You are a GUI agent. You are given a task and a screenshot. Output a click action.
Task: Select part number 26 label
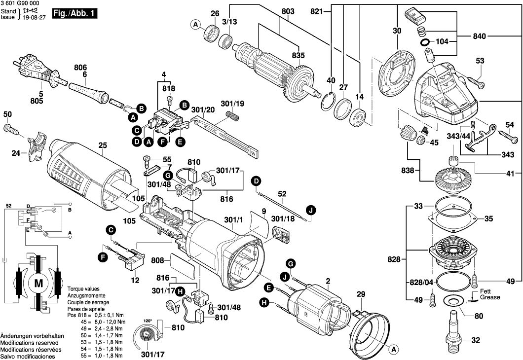(215, 13)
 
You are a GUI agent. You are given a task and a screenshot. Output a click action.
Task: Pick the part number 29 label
(361, 294)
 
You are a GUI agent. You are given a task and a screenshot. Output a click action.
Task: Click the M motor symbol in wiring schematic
(38, 282)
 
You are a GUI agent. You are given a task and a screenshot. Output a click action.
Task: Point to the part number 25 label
(103, 145)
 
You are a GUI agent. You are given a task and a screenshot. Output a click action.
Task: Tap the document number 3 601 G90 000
(20, 3)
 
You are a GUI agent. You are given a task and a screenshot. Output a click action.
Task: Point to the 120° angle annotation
(148, 320)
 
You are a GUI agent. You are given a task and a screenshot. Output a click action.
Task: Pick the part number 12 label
(135, 281)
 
